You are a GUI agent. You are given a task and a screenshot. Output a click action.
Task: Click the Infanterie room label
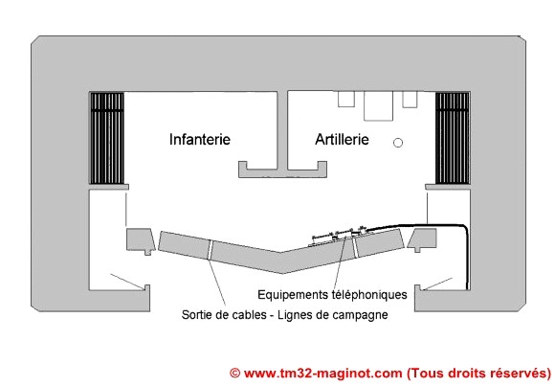(200, 139)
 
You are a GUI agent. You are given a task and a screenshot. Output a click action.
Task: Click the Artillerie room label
(342, 139)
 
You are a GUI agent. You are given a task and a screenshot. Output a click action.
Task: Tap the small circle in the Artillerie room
(398, 143)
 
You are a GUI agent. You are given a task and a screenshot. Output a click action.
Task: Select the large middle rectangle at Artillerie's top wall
(378, 105)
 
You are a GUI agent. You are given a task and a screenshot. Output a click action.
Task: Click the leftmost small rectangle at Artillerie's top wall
(346, 99)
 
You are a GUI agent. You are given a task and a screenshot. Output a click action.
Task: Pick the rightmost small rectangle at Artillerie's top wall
(410, 99)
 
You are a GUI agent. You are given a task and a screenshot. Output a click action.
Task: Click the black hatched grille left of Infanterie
(107, 138)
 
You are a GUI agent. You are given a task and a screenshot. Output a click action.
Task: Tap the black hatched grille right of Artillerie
(453, 138)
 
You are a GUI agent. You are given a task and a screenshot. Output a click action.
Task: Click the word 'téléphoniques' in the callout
(369, 295)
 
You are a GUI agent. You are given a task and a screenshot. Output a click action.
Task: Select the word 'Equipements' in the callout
(293, 295)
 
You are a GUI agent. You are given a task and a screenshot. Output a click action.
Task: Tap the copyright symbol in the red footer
(235, 374)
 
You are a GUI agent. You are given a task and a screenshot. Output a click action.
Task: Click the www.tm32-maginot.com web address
(323, 374)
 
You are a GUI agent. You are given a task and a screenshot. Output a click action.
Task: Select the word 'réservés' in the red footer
(519, 374)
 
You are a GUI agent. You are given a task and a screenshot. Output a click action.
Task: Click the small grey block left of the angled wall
(141, 241)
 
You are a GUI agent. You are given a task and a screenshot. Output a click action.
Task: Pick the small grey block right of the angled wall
(422, 240)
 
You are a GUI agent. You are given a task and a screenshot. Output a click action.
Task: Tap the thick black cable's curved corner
(465, 228)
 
